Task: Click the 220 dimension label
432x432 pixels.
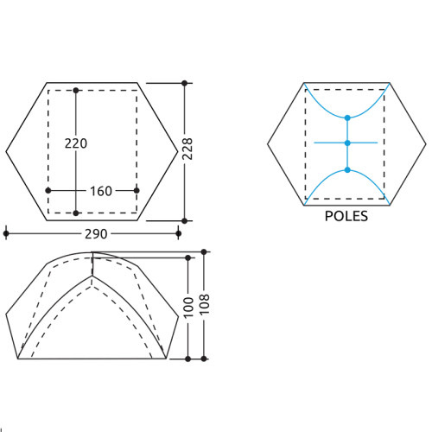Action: [76, 143]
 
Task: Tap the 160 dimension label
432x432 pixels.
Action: [101, 191]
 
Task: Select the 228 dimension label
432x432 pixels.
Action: [187, 149]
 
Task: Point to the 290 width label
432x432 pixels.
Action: [96, 234]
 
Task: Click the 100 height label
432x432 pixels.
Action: [188, 308]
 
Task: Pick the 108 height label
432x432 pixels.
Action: [204, 304]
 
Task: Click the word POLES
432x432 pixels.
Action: [346, 216]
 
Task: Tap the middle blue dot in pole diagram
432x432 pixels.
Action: [347, 143]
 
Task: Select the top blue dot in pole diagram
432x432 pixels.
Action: [347, 118]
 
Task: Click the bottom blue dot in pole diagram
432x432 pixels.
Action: [347, 170]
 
